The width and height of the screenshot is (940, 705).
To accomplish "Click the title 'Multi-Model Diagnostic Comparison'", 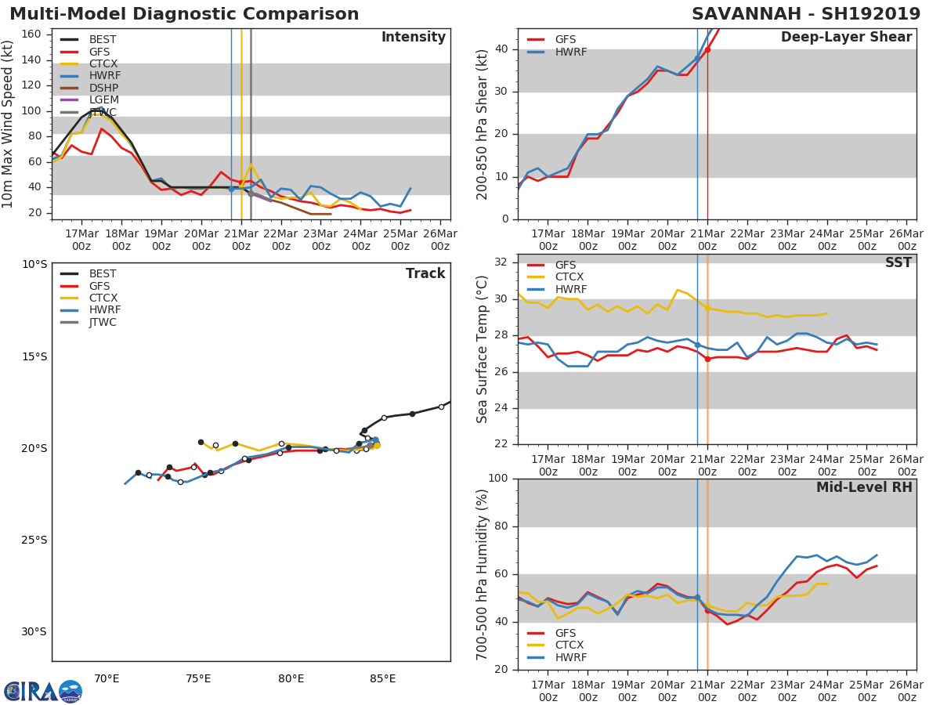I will (184, 14).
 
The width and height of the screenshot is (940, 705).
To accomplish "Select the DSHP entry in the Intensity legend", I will (103, 89).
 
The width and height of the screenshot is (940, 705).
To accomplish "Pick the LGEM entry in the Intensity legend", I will (103, 100).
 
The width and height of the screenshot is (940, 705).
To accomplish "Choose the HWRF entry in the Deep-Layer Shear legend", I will (570, 52).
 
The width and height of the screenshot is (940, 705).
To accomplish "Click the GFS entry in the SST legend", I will (565, 266).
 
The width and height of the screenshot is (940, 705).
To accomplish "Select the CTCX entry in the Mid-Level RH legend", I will (570, 645).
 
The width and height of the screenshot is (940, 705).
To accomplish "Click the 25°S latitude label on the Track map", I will (34, 540).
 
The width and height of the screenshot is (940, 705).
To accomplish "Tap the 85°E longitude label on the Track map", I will (383, 678).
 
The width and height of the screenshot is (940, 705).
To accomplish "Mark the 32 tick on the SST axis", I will (503, 262).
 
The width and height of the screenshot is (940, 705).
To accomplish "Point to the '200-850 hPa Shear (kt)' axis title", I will (483, 124).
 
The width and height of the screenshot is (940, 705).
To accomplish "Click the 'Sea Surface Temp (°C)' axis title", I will (483, 349).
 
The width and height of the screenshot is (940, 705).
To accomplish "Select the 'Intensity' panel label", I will (413, 38).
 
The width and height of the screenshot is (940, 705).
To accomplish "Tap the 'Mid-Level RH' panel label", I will (864, 487).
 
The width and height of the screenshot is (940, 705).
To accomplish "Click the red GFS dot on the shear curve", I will (707, 49).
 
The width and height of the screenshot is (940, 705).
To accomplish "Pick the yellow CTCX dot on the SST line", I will (707, 308).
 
